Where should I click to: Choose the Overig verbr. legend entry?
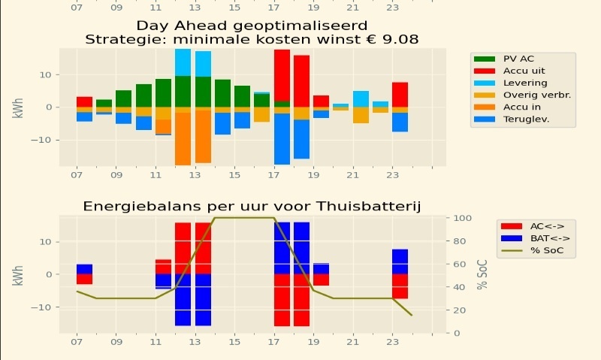pos(533,94)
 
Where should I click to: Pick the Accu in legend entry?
pos(524,106)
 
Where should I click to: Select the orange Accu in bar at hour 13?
pos(203,135)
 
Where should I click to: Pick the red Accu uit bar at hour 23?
pos(400,94)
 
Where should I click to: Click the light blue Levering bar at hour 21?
pos(361,98)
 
